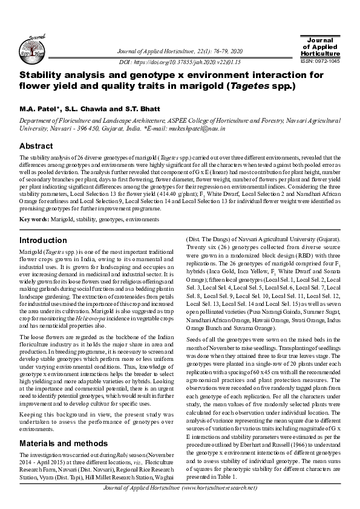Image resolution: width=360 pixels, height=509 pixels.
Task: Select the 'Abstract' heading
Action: [36, 146]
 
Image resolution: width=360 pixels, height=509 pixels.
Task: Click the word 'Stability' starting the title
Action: [44, 76]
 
